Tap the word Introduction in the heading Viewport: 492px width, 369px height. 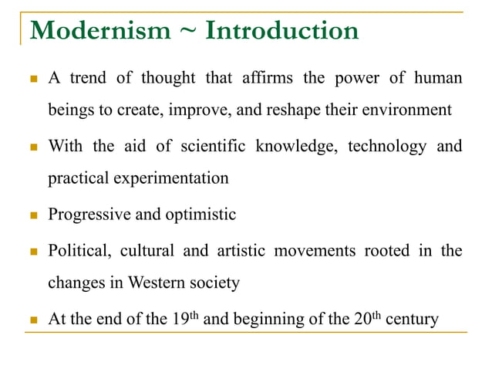pyautogui.click(x=282, y=31)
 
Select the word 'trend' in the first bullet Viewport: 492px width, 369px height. pyautogui.click(x=89, y=79)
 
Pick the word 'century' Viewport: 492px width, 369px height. pyautogui.click(x=411, y=319)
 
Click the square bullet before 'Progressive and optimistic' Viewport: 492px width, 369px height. pyautogui.click(x=34, y=215)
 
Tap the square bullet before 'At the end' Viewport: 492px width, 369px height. pyautogui.click(x=34, y=319)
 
